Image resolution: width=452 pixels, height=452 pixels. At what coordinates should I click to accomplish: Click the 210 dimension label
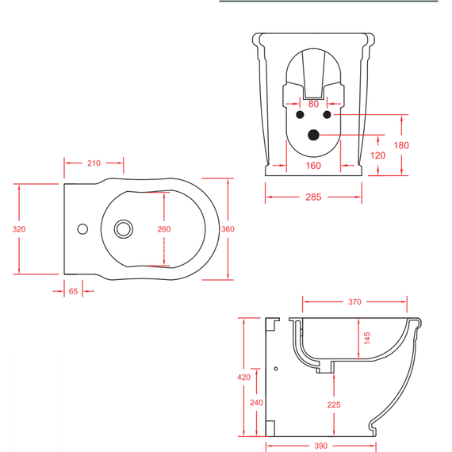pos(94,163)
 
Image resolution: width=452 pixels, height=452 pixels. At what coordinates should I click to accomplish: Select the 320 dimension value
pos(19,229)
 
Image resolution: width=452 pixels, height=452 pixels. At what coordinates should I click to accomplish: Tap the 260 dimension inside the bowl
pos(164,229)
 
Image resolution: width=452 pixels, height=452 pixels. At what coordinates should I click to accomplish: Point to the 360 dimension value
pos(228,229)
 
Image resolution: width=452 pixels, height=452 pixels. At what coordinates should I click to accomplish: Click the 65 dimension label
pos(73,292)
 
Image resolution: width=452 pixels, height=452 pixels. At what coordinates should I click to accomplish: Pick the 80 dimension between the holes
pos(313,104)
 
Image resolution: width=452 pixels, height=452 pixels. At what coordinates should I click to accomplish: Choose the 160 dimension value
pos(313,166)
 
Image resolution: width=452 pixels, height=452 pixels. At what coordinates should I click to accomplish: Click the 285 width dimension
pos(313,197)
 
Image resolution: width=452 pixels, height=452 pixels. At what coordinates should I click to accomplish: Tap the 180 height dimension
pos(401,145)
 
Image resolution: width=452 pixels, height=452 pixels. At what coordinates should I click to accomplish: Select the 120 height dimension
pos(377,155)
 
